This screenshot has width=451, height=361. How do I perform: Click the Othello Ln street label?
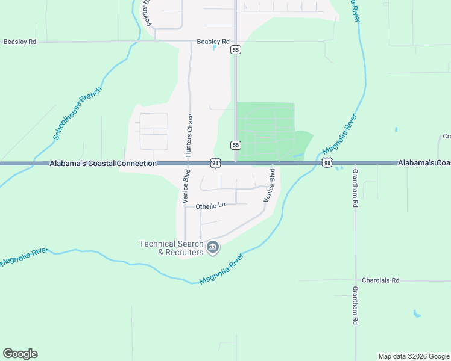pyautogui.click(x=210, y=206)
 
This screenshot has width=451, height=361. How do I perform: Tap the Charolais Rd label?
pyautogui.click(x=380, y=280)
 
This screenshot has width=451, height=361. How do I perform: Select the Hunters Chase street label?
pyautogui.click(x=189, y=136)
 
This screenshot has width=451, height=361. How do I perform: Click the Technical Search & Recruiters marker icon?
pyautogui.click(x=212, y=247)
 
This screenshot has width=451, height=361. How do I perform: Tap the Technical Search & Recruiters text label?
pyautogui.click(x=171, y=248)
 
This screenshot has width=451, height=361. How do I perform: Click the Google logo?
pyautogui.click(x=20, y=354)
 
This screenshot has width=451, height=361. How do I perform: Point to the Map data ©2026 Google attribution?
pyautogui.click(x=414, y=356)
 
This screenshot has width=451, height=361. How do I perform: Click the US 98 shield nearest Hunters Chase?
pyautogui.click(x=215, y=163)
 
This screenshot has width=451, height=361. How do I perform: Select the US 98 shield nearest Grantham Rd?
pyautogui.click(x=327, y=163)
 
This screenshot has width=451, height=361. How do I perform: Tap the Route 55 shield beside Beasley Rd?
pyautogui.click(x=236, y=50)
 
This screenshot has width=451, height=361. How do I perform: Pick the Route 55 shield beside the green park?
pyautogui.click(x=236, y=145)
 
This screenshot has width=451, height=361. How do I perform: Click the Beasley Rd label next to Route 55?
pyautogui.click(x=213, y=42)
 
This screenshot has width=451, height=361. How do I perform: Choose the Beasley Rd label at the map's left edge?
pyautogui.click(x=20, y=42)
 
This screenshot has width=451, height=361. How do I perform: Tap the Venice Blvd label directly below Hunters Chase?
pyautogui.click(x=186, y=188)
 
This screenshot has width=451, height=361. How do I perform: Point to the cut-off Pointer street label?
pyautogui.click(x=146, y=13)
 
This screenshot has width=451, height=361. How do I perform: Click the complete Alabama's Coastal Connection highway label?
pyautogui.click(x=102, y=164)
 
